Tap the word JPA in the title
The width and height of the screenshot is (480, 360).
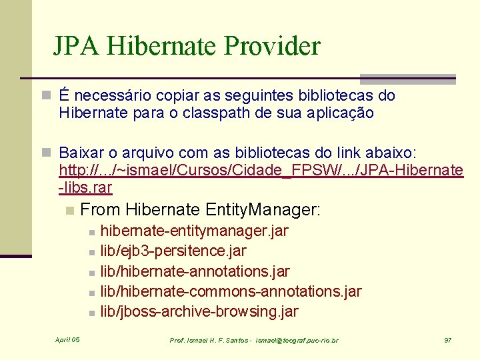tap(77, 46)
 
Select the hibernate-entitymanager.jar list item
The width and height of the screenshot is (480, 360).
tap(194, 231)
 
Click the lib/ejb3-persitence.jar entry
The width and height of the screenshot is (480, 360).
tap(173, 251)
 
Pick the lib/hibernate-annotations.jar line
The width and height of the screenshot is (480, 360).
tap(195, 271)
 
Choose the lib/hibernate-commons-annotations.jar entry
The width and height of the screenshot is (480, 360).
tap(231, 291)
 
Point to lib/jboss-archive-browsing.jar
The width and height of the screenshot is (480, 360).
tap(199, 311)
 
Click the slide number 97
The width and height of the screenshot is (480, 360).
tap(448, 340)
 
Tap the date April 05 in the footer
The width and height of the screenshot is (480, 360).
tap(67, 340)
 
